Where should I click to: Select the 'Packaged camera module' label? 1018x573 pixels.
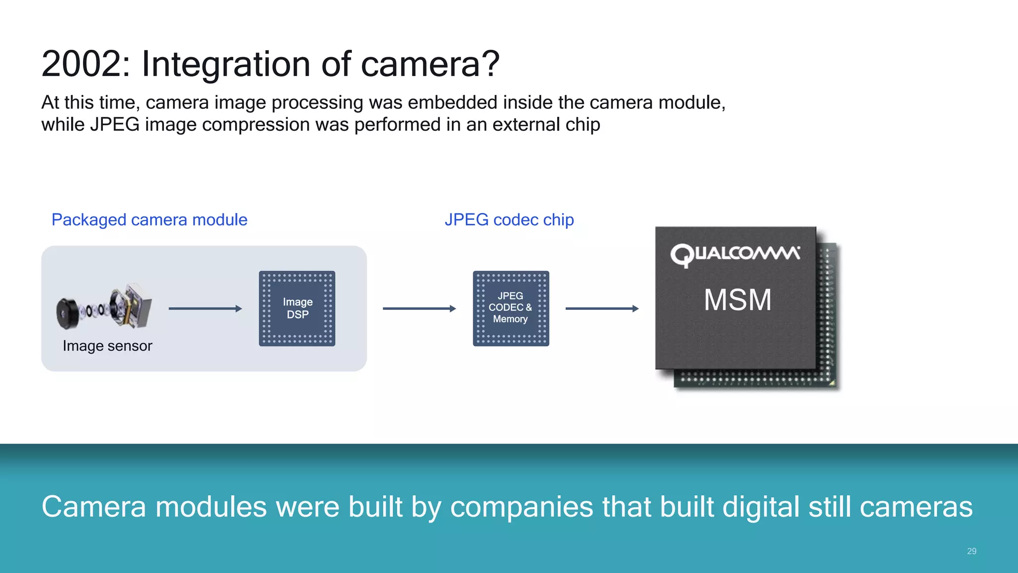[x=149, y=220]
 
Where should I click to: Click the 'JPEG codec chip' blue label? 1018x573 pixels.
[x=509, y=220]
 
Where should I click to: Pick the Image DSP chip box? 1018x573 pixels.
[x=297, y=308]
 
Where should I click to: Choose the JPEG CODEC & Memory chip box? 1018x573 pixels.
[x=511, y=308]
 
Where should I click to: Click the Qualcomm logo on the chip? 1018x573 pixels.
[x=735, y=255]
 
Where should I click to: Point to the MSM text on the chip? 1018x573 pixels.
[x=738, y=300]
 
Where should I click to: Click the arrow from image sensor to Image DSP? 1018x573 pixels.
[x=205, y=308]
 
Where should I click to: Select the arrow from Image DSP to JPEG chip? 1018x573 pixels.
[x=419, y=308]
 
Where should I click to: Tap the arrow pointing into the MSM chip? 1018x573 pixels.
[x=602, y=308]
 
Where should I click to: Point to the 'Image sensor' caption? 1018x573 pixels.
[x=107, y=346]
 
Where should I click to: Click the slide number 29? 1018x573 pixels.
[x=972, y=551]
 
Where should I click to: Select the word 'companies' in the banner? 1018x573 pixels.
[x=521, y=507]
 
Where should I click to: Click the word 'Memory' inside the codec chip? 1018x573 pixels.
[x=510, y=319]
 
